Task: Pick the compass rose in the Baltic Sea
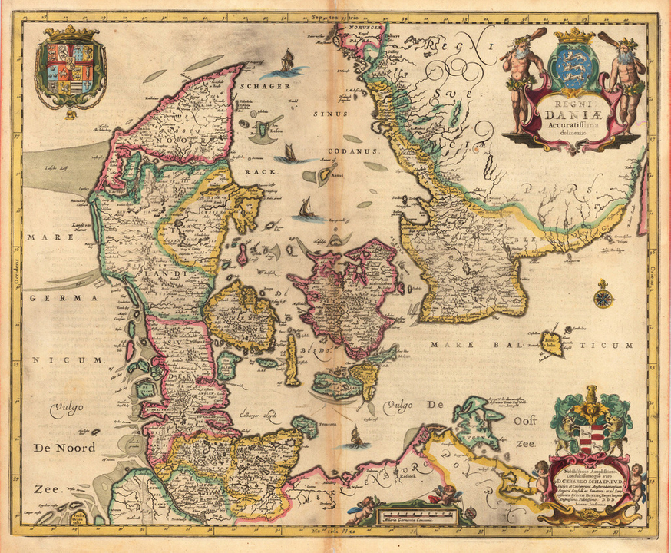click(604, 295)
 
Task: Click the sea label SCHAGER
click(266, 87)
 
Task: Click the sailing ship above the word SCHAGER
click(286, 61)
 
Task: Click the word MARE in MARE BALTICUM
click(447, 346)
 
